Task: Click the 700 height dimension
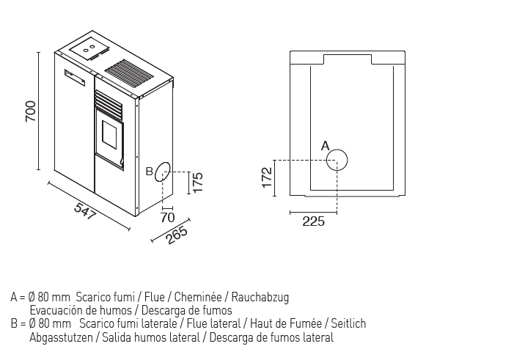(30, 110)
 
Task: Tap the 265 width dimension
(177, 234)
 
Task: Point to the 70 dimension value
(167, 217)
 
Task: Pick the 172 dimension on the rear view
(267, 177)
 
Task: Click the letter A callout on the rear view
(326, 146)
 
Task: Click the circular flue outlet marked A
(337, 159)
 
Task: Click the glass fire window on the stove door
(111, 138)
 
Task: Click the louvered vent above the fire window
(110, 103)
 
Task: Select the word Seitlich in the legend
(348, 323)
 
